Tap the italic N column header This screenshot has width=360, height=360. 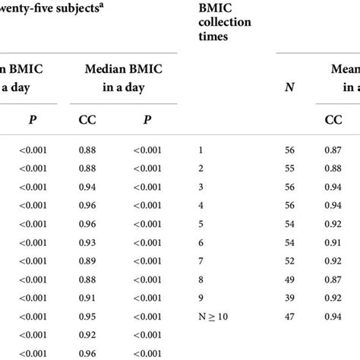[x=289, y=87]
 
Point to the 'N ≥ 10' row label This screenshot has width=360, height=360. [x=215, y=316]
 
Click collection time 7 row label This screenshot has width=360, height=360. [x=201, y=261]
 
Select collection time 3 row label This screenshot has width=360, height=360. [x=201, y=186]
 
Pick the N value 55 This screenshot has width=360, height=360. [x=289, y=168]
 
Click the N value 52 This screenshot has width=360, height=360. [x=289, y=261]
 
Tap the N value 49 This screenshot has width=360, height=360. [x=289, y=279]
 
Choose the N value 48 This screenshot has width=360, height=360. [x=289, y=298]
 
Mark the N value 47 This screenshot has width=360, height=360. [x=289, y=316]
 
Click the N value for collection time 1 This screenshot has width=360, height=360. [x=289, y=149]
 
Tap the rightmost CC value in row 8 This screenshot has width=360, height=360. [x=334, y=279]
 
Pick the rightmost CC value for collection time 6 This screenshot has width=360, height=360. [x=334, y=242]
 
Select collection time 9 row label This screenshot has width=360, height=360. [x=201, y=298]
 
